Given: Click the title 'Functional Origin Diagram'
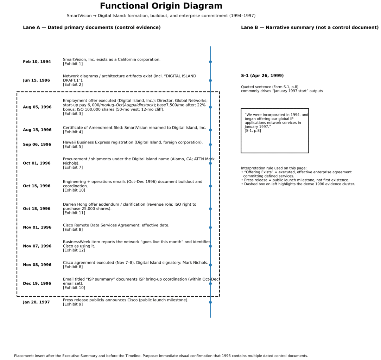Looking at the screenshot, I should (161, 6).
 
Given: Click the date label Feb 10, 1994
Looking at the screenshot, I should (37, 62).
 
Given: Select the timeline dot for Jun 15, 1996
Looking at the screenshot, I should (210, 81).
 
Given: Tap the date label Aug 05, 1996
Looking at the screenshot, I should (37, 107).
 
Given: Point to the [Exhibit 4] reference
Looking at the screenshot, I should (73, 132).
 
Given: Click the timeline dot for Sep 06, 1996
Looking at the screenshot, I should (210, 144).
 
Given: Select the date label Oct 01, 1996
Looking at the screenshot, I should (37, 163).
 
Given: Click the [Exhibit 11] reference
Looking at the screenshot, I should (74, 213).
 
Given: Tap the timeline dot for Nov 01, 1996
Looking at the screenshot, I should (210, 227).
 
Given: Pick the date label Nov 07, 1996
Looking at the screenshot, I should (37, 246).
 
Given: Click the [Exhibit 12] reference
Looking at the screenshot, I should (74, 250).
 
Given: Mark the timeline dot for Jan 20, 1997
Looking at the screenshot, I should (210, 302).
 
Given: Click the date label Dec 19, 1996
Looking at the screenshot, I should (37, 284).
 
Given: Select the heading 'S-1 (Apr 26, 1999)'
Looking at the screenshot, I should (262, 76).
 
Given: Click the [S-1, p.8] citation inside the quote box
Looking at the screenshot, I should (253, 130).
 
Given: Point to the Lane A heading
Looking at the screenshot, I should (91, 27).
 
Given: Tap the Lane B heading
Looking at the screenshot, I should (310, 27).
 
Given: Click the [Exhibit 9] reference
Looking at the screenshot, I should (73, 304).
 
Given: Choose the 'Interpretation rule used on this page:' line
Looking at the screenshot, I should (274, 168).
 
